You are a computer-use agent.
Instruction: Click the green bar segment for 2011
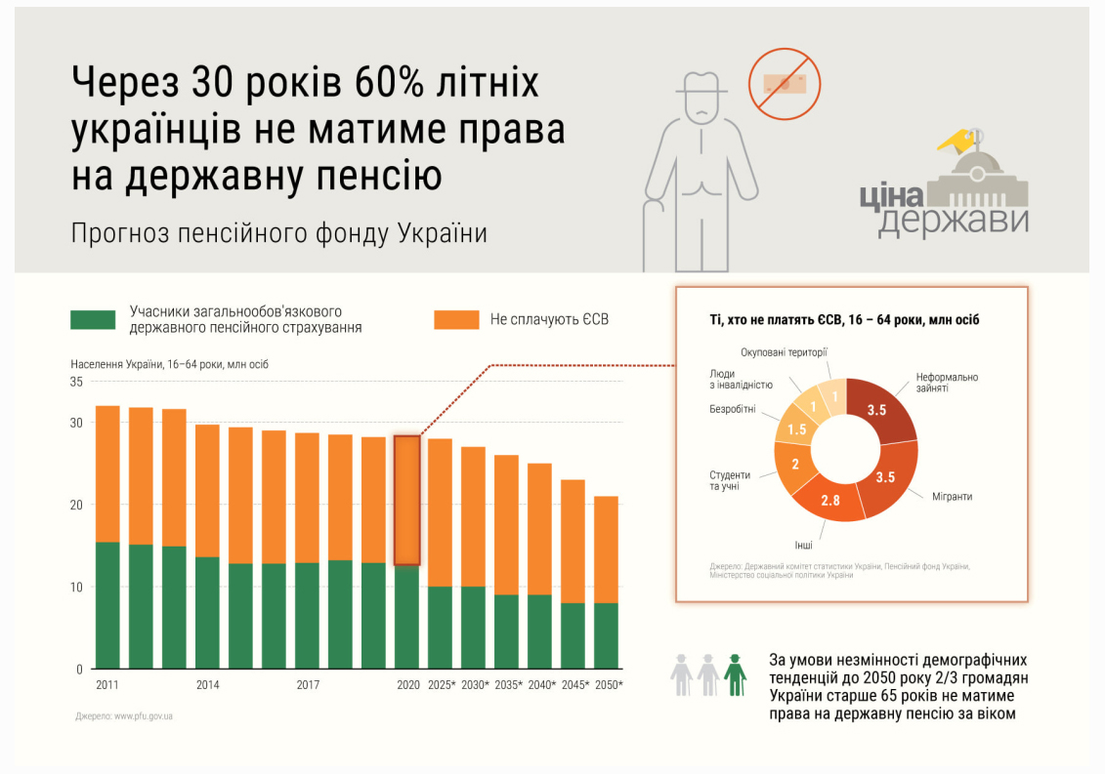click(107, 605)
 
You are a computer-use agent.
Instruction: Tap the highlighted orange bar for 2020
click(407, 500)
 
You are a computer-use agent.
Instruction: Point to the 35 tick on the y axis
click(76, 383)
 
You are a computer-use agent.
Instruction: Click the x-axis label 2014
click(207, 685)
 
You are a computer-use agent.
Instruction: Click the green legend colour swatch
click(93, 319)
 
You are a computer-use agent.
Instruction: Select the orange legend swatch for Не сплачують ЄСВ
click(456, 319)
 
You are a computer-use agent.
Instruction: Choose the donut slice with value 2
click(795, 463)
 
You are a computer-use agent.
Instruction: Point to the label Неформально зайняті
click(947, 383)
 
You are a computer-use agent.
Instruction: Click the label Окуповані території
click(784, 351)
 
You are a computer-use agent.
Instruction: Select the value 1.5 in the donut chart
click(798, 429)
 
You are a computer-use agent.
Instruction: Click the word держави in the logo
click(953, 220)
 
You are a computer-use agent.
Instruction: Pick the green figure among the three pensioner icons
click(735, 673)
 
